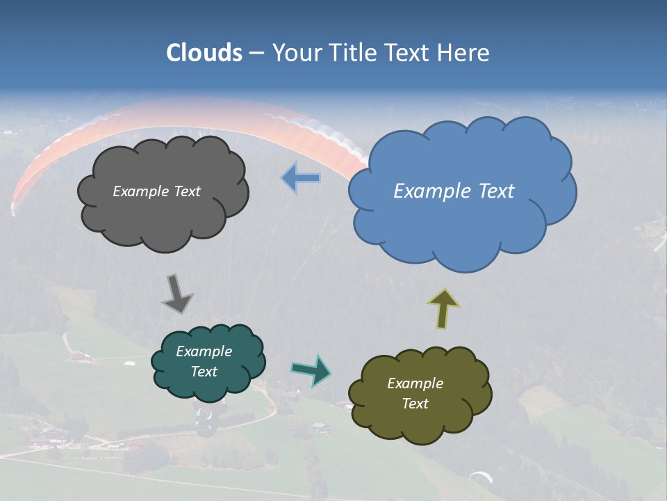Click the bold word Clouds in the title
[x=204, y=53]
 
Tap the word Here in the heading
[x=466, y=53]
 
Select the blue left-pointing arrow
[x=301, y=178]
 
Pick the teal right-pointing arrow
[x=311, y=370]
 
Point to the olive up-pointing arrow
[x=444, y=308]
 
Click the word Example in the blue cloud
[x=427, y=191]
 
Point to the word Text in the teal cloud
[x=204, y=372]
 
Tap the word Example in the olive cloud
[x=415, y=383]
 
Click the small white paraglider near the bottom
[x=481, y=477]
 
